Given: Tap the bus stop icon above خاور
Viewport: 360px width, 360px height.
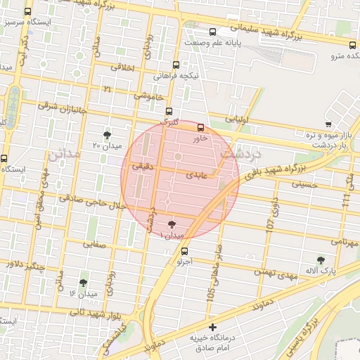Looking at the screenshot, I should (201, 128).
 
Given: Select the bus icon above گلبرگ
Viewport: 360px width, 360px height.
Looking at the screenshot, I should (168, 111).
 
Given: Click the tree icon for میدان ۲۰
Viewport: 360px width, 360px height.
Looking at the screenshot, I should (107, 134).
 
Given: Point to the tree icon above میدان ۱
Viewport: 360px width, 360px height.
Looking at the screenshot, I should (172, 224).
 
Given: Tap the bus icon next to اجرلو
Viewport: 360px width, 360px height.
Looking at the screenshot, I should (184, 251).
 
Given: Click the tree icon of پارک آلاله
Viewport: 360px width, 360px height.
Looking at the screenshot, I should (321, 260).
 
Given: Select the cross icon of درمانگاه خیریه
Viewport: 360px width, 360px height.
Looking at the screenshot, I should (213, 327).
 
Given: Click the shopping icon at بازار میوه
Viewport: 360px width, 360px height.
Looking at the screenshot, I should (327, 124).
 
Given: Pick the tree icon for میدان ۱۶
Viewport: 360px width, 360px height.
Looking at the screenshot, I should (83, 283).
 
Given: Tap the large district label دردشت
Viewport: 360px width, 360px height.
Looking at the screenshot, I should (240, 151).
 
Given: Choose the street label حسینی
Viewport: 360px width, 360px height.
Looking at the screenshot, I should (305, 184).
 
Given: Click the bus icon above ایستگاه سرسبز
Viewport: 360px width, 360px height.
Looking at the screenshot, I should (27, 12).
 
